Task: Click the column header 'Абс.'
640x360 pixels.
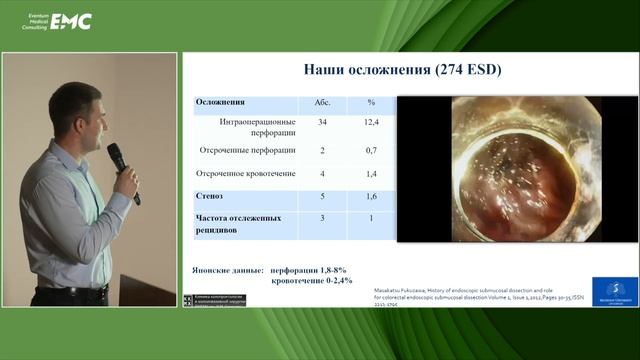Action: pyautogui.click(x=322, y=102)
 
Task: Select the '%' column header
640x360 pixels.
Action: pyautogui.click(x=370, y=102)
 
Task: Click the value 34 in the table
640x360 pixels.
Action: pyautogui.click(x=322, y=123)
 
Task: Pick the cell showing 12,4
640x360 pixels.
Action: pyautogui.click(x=370, y=123)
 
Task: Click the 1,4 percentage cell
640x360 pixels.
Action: pyautogui.click(x=370, y=173)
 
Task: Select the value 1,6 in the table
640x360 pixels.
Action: pyautogui.click(x=370, y=197)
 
